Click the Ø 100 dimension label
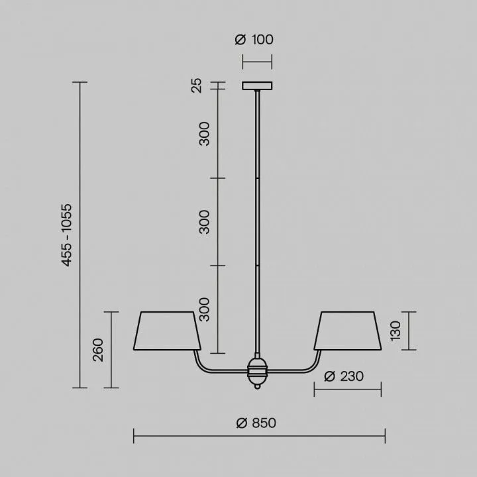point(254,40)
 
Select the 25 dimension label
point(197,85)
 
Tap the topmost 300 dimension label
point(205,134)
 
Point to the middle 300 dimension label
point(205,222)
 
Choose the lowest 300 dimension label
point(205,309)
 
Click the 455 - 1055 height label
point(67,235)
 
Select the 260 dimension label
point(98,350)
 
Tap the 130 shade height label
point(396,331)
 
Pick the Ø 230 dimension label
point(344,376)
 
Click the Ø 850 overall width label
point(256,423)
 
